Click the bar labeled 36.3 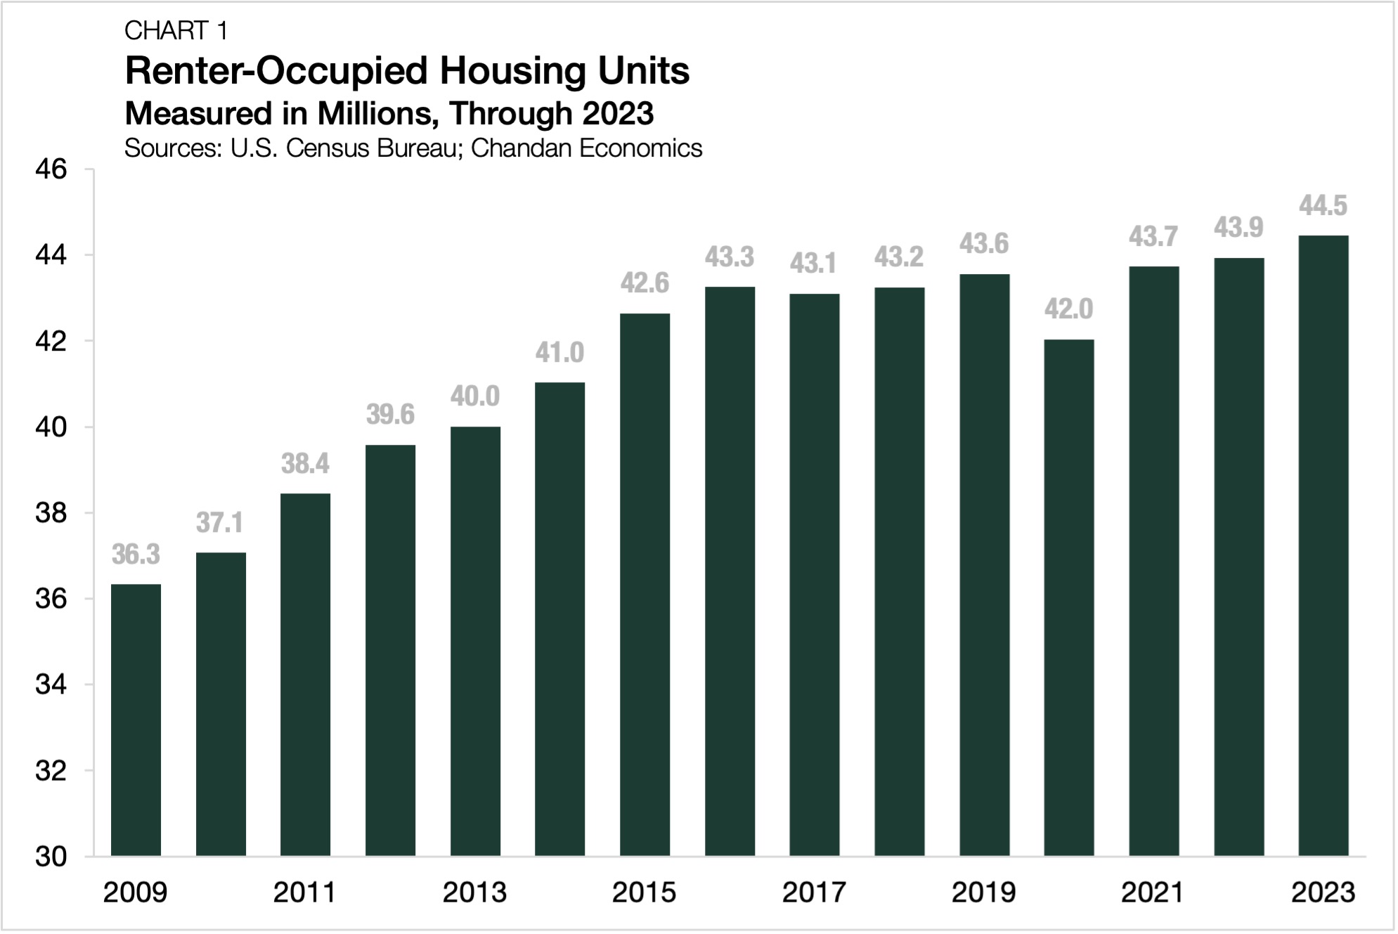pyautogui.click(x=136, y=720)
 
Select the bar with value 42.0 pyautogui.click(x=1068, y=597)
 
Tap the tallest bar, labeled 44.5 pyautogui.click(x=1323, y=545)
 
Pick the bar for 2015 pyautogui.click(x=645, y=585)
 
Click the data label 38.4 pyautogui.click(x=305, y=465)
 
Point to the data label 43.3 pyautogui.click(x=729, y=258)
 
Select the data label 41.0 pyautogui.click(x=559, y=353)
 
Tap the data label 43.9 pyautogui.click(x=1238, y=228)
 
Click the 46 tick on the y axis pyautogui.click(x=51, y=169)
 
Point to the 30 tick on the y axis pyautogui.click(x=51, y=857)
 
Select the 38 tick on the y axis pyautogui.click(x=51, y=513)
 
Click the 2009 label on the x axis pyautogui.click(x=135, y=893)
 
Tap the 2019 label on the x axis pyautogui.click(x=983, y=893)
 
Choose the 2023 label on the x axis pyautogui.click(x=1323, y=893)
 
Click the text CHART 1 pyautogui.click(x=176, y=31)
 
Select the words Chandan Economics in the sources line pyautogui.click(x=586, y=148)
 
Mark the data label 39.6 pyautogui.click(x=390, y=415)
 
